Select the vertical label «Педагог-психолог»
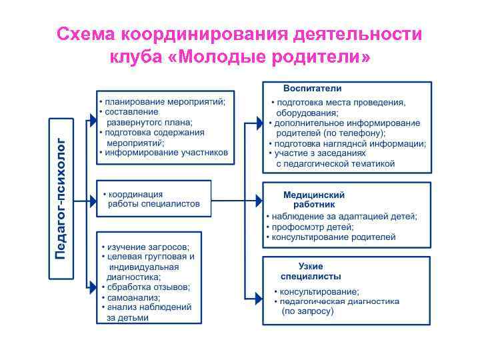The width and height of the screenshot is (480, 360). (x=61, y=199)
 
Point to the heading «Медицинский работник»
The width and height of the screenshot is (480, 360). (x=314, y=199)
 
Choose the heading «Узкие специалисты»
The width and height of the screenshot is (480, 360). (x=311, y=271)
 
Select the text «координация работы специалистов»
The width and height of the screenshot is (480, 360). (x=154, y=199)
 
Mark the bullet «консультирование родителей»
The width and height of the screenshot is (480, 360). (x=333, y=237)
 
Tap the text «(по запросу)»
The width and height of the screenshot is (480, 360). (x=307, y=311)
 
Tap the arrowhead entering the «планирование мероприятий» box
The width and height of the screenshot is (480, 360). (x=93, y=119)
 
